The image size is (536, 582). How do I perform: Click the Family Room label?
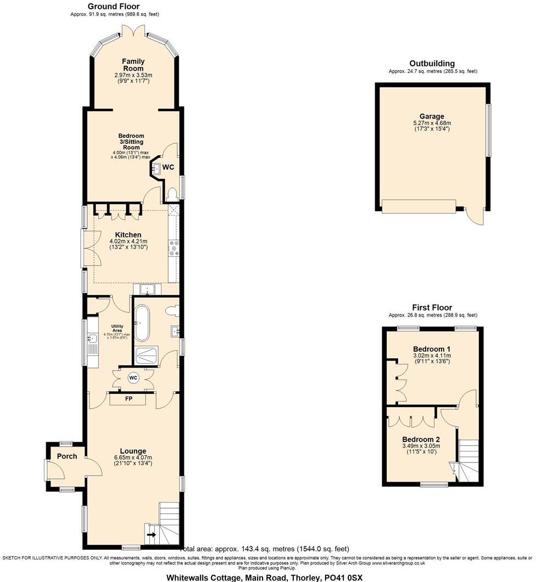coord(133,65)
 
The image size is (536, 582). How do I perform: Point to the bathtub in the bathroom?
coord(143,324)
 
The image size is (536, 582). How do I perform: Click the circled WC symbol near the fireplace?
coord(133,378)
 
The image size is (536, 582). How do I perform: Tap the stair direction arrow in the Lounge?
coord(151,534)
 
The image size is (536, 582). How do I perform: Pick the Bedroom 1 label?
coord(431,349)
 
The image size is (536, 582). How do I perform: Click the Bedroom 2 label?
coord(421,439)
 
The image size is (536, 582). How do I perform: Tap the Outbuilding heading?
coord(432,64)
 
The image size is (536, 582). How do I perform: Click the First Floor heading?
coord(432,308)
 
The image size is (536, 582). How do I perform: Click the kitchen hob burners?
coord(174,247)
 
